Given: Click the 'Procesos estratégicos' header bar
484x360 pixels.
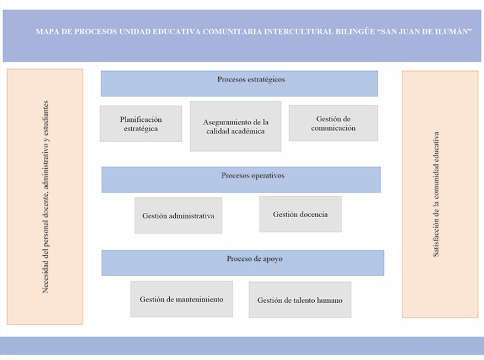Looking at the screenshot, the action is coord(239,84).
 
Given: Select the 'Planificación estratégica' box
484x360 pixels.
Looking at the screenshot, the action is coord(141,123).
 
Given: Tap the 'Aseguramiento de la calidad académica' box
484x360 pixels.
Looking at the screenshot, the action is coord(235,126).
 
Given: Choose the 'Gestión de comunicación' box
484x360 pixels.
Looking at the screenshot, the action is coord(334,123).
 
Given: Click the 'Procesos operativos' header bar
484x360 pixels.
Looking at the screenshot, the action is coord(241,180).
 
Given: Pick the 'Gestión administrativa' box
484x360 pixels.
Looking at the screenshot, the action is coord(178,215).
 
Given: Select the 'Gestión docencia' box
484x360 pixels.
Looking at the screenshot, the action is coord(300,214).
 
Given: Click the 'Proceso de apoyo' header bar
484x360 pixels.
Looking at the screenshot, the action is coord(243,263).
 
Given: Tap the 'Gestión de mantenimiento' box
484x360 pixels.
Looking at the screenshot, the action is coord(181,299).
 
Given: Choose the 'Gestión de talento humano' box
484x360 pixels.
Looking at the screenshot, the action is coord(300,299).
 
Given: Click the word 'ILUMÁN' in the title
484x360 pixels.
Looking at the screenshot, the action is coord(454,31).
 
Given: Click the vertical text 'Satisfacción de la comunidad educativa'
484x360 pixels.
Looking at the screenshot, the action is coord(435,194).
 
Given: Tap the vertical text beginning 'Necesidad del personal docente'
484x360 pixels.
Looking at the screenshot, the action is coord(45,197).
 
